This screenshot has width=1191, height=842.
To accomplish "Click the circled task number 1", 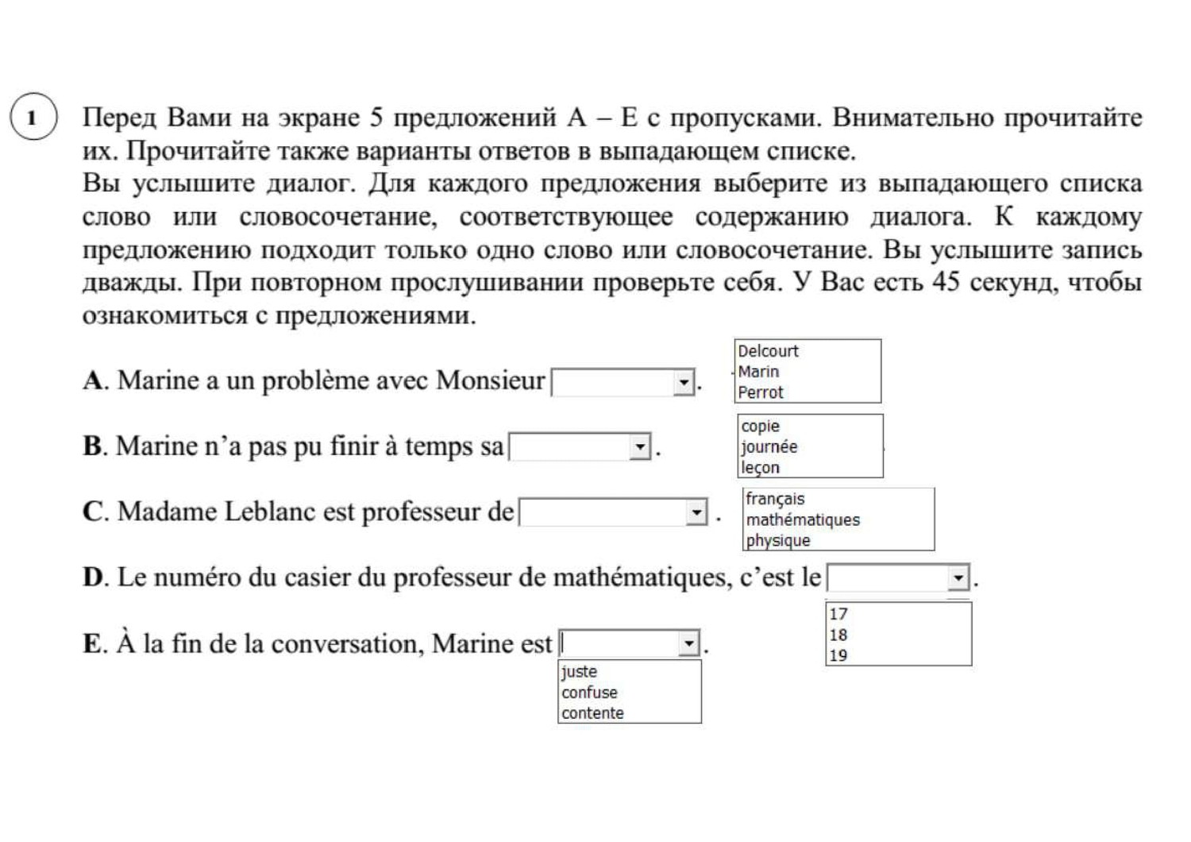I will [33, 118].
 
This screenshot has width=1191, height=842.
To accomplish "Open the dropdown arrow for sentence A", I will [684, 383].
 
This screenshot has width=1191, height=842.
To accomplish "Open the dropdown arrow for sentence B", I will [641, 447].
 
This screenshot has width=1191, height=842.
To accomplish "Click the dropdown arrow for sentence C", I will [696, 512].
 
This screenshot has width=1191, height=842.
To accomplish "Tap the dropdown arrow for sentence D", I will [958, 577].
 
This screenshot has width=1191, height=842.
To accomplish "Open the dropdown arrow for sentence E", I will [688, 643].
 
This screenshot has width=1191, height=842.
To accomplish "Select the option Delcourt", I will [768, 351].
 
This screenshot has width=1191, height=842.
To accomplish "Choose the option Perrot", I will [761, 392].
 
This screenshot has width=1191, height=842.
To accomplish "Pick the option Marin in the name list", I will [758, 372].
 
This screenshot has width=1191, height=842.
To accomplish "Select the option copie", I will [761, 427].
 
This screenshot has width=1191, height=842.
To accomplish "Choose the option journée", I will [769, 447].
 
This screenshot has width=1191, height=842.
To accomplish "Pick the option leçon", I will [761, 468].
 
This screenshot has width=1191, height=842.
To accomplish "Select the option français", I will [775, 499].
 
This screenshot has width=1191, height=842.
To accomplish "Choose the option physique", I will [778, 540].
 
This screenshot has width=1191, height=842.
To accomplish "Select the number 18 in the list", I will [838, 635].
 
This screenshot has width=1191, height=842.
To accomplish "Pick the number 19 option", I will [838, 655].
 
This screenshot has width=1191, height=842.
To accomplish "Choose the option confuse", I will [589, 693].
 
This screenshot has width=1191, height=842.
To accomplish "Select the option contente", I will [592, 713].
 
